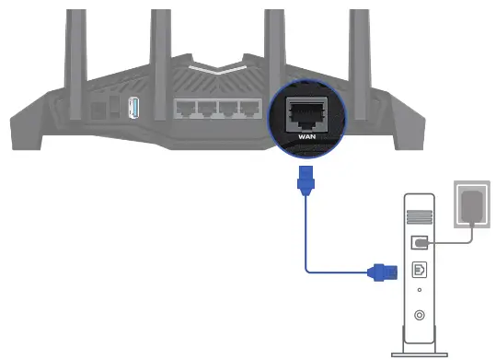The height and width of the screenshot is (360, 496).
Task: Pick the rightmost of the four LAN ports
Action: coord(248,110)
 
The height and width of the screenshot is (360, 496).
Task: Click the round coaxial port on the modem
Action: coord(419,316)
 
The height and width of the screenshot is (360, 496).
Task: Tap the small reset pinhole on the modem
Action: coord(419,294)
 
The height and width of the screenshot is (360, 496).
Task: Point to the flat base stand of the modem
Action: coord(419,352)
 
